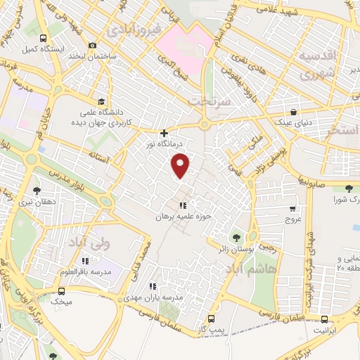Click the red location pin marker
coord(181,166)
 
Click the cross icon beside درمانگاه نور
coord(165,133)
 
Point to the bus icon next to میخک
coord(62,291)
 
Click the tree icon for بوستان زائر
coord(236,238)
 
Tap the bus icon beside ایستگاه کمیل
coord(43,39)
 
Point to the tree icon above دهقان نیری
coord(37,189)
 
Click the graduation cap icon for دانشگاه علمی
coord(102,101)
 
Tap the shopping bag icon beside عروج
coord(293,208)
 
